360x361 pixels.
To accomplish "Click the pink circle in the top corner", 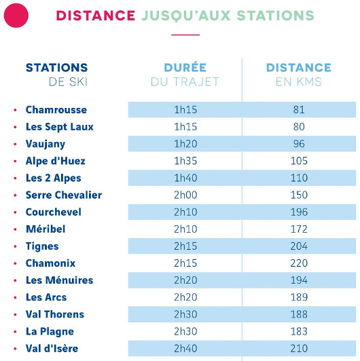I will [x=16, y=15].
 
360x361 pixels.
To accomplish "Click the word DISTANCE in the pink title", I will [x=95, y=15].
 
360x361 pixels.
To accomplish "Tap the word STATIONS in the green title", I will [x=276, y=15].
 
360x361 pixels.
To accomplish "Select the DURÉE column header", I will [x=185, y=68].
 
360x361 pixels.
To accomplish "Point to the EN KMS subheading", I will [x=299, y=82].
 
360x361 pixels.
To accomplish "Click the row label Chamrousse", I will [x=56, y=110].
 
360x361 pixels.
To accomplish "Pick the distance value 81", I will [x=299, y=110].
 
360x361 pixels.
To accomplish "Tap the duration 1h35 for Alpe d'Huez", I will [x=185, y=161].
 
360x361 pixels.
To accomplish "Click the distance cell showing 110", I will [x=299, y=178].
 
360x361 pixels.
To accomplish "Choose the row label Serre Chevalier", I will [x=64, y=195].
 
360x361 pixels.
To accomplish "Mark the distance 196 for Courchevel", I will [x=299, y=212].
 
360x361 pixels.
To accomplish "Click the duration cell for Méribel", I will [x=185, y=229].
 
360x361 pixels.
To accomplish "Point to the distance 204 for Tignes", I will [x=299, y=246].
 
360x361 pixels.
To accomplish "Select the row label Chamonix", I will [x=50, y=263].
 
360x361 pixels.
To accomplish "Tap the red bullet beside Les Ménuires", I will [x=15, y=280].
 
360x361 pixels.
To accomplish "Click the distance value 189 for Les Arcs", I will [x=299, y=297].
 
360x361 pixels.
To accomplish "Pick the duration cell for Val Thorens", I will [x=185, y=314].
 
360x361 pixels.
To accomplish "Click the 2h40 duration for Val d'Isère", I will [x=185, y=349].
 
